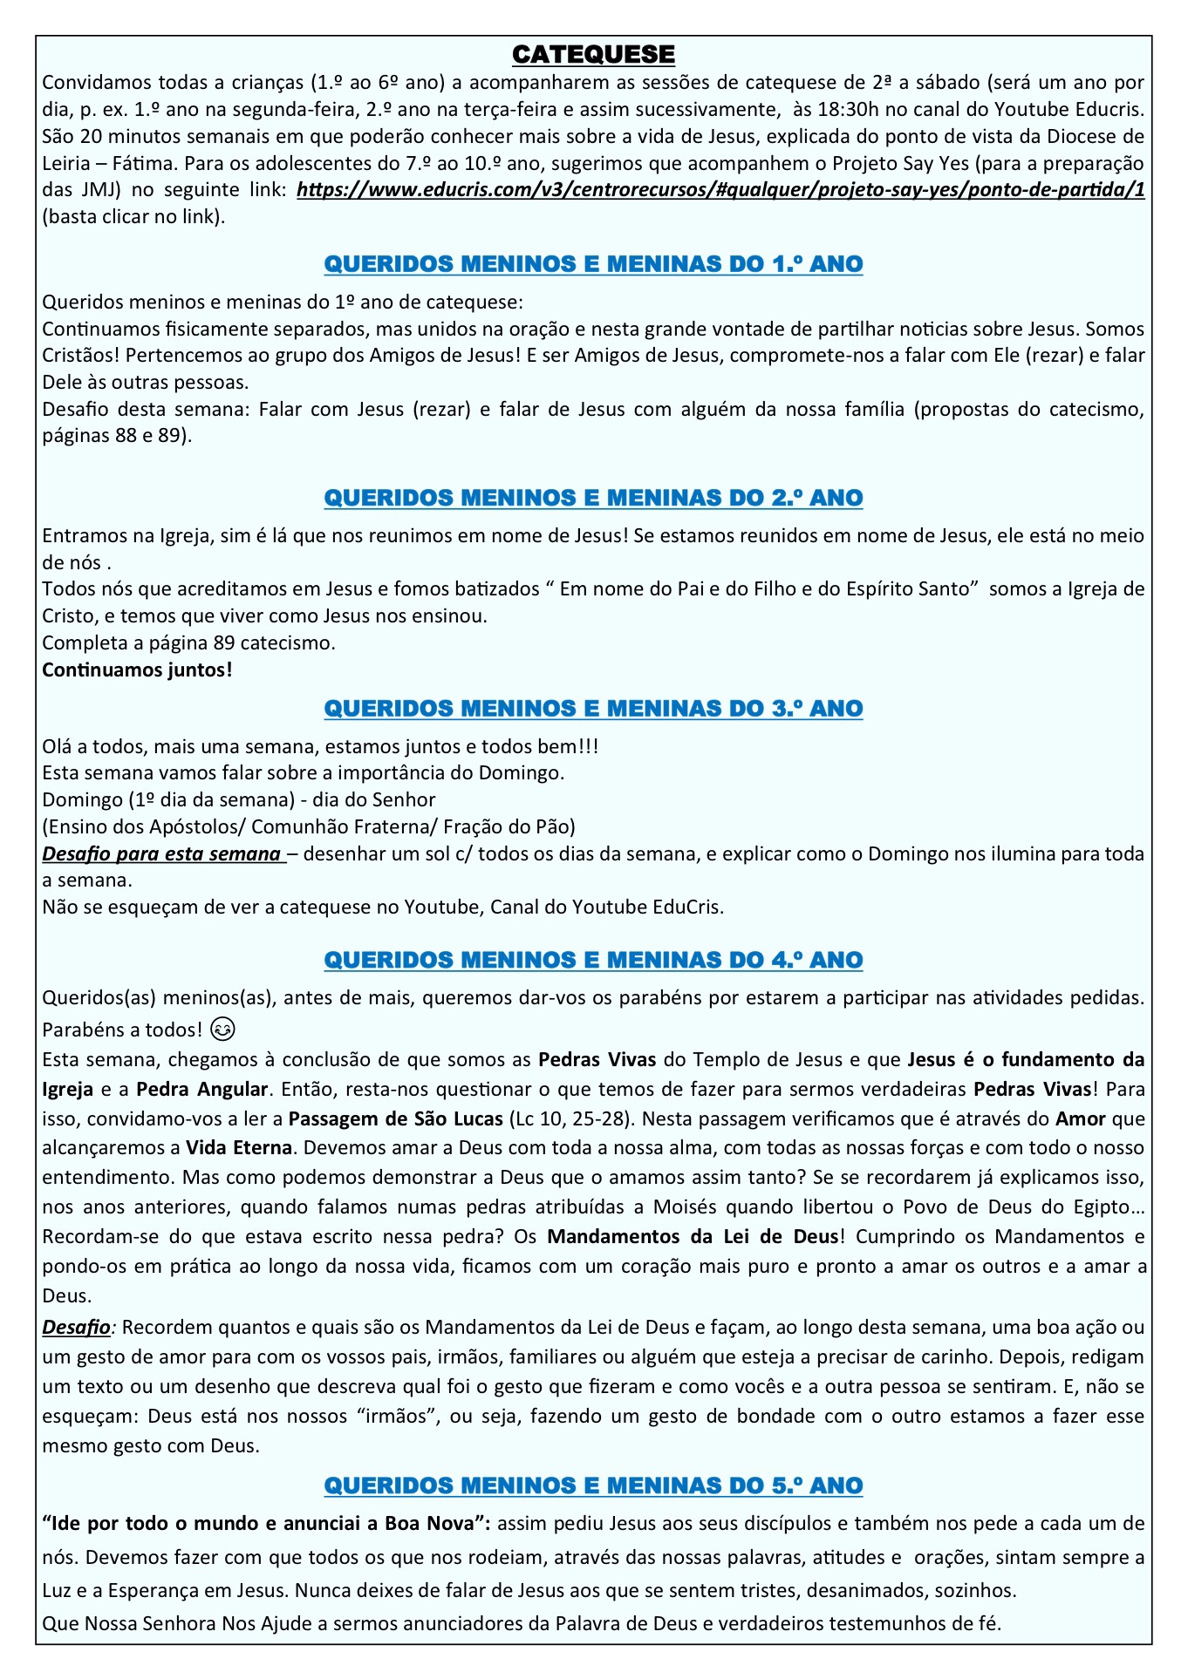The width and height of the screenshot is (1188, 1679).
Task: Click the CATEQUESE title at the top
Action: pyautogui.click(x=593, y=54)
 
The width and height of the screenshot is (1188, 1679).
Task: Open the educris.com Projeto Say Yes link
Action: pyautogui.click(x=720, y=190)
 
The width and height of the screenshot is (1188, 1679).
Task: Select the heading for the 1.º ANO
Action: pyautogui.click(x=593, y=263)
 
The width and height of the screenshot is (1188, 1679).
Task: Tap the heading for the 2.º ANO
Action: pyautogui.click(x=593, y=497)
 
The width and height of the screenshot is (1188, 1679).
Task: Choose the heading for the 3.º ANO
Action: pyautogui.click(x=593, y=708)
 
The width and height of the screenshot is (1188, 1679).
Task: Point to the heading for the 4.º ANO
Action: pyautogui.click(x=593, y=959)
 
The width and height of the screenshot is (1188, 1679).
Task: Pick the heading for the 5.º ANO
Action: pyautogui.click(x=593, y=1485)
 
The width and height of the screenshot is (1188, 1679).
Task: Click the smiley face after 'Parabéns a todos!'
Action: pyautogui.click(x=223, y=1030)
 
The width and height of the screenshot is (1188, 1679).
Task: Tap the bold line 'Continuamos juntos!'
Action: pyautogui.click(x=137, y=670)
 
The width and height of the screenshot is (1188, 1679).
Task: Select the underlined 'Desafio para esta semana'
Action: pyautogui.click(x=162, y=853)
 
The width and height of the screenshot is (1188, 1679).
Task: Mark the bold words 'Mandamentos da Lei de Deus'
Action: pyautogui.click(x=693, y=1236)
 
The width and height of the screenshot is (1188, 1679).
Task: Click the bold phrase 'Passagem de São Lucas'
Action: pyautogui.click(x=396, y=1118)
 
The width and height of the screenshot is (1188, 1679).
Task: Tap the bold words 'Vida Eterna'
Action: pyautogui.click(x=239, y=1148)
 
